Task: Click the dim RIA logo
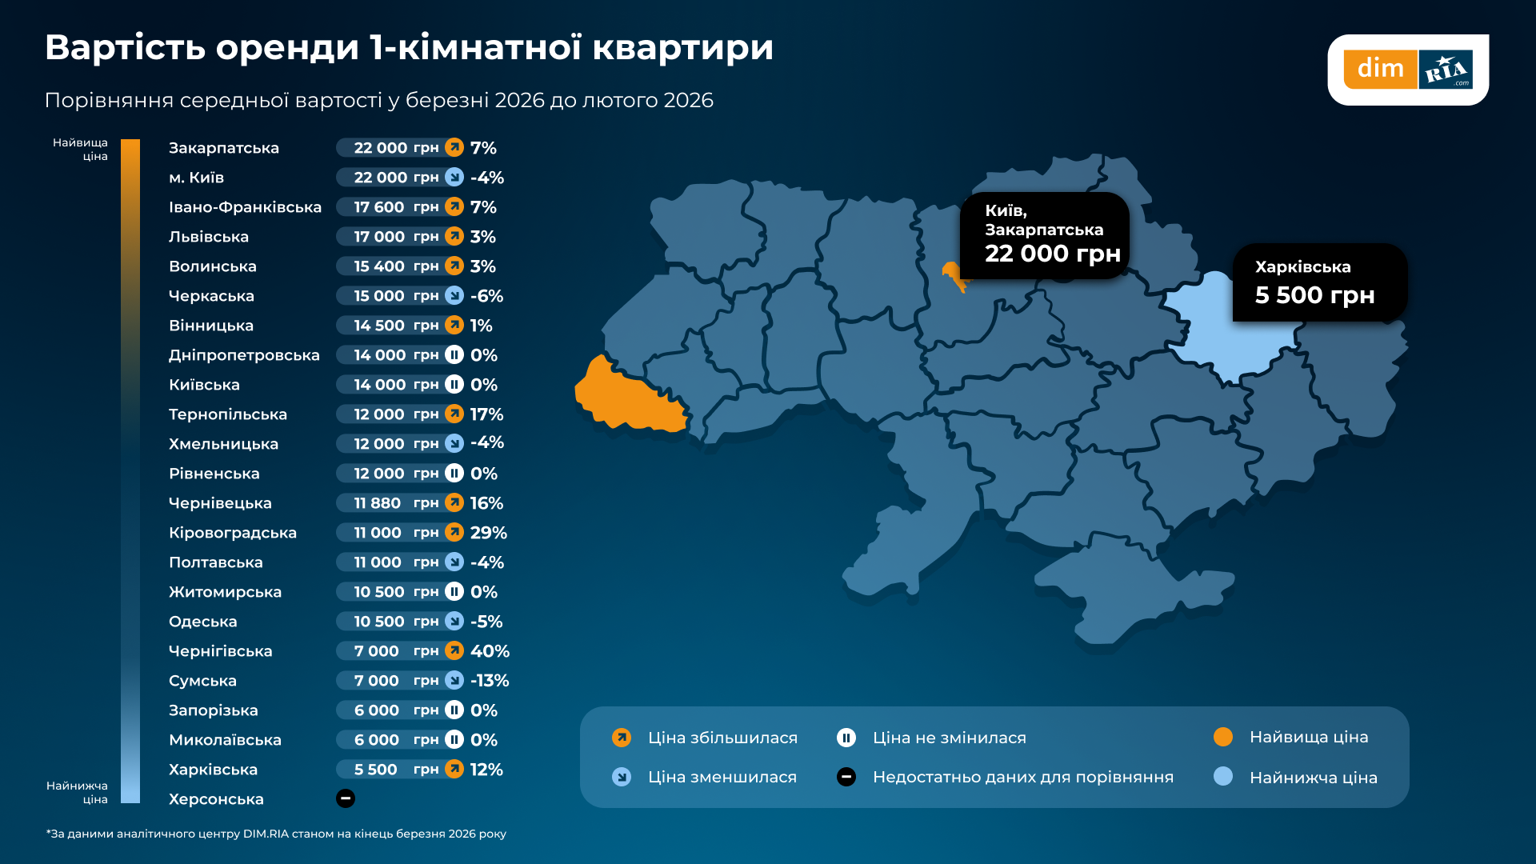click(x=1407, y=70)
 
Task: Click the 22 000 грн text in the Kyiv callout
click(x=1052, y=254)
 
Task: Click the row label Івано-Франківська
click(x=245, y=207)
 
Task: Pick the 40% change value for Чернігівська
click(x=490, y=651)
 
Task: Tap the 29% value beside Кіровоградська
click(x=488, y=533)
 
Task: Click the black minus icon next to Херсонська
click(x=346, y=798)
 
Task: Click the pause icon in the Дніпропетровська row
click(x=454, y=354)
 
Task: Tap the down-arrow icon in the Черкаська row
click(x=454, y=295)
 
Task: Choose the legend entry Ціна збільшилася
click(x=722, y=738)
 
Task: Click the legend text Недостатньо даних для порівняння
click(x=1022, y=777)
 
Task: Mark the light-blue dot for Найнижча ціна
click(x=1223, y=776)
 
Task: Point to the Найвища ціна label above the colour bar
click(x=81, y=149)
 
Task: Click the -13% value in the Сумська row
click(x=490, y=681)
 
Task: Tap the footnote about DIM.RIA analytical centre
click(x=276, y=834)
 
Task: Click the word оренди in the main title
click(x=286, y=47)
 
